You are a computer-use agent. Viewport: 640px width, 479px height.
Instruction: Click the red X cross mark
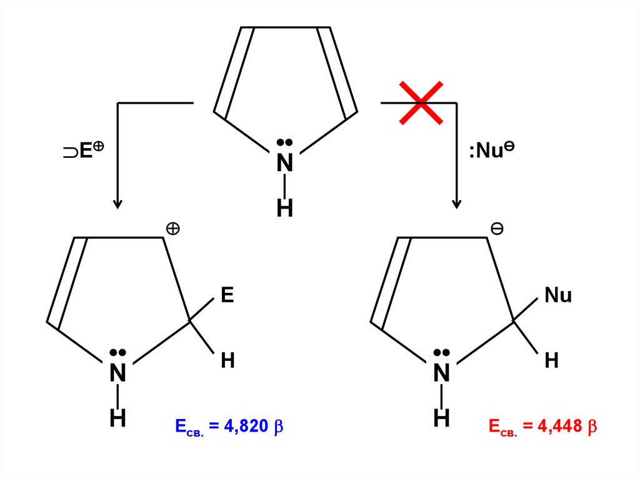coord(422,102)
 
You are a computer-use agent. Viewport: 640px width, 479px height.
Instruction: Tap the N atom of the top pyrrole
coord(285,163)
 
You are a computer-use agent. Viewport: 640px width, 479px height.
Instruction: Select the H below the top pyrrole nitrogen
coord(285,209)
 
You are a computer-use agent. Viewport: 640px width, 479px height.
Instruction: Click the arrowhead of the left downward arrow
coord(117,204)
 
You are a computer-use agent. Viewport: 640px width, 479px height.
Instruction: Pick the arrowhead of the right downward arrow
coord(457,204)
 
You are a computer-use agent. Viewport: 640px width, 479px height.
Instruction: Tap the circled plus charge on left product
coord(172,229)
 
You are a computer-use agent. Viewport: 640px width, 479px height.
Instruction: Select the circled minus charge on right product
coord(497,229)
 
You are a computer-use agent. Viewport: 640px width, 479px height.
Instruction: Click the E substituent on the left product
coord(227,295)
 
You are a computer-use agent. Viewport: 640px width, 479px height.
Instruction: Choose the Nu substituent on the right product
coord(558,295)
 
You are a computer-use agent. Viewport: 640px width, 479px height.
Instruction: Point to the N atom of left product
coord(117,373)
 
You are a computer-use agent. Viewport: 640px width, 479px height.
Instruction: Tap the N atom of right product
coord(442,373)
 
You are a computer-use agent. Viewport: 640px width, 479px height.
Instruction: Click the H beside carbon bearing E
coord(227,360)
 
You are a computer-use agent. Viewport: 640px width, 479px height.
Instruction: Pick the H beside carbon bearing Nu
coord(551,360)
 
